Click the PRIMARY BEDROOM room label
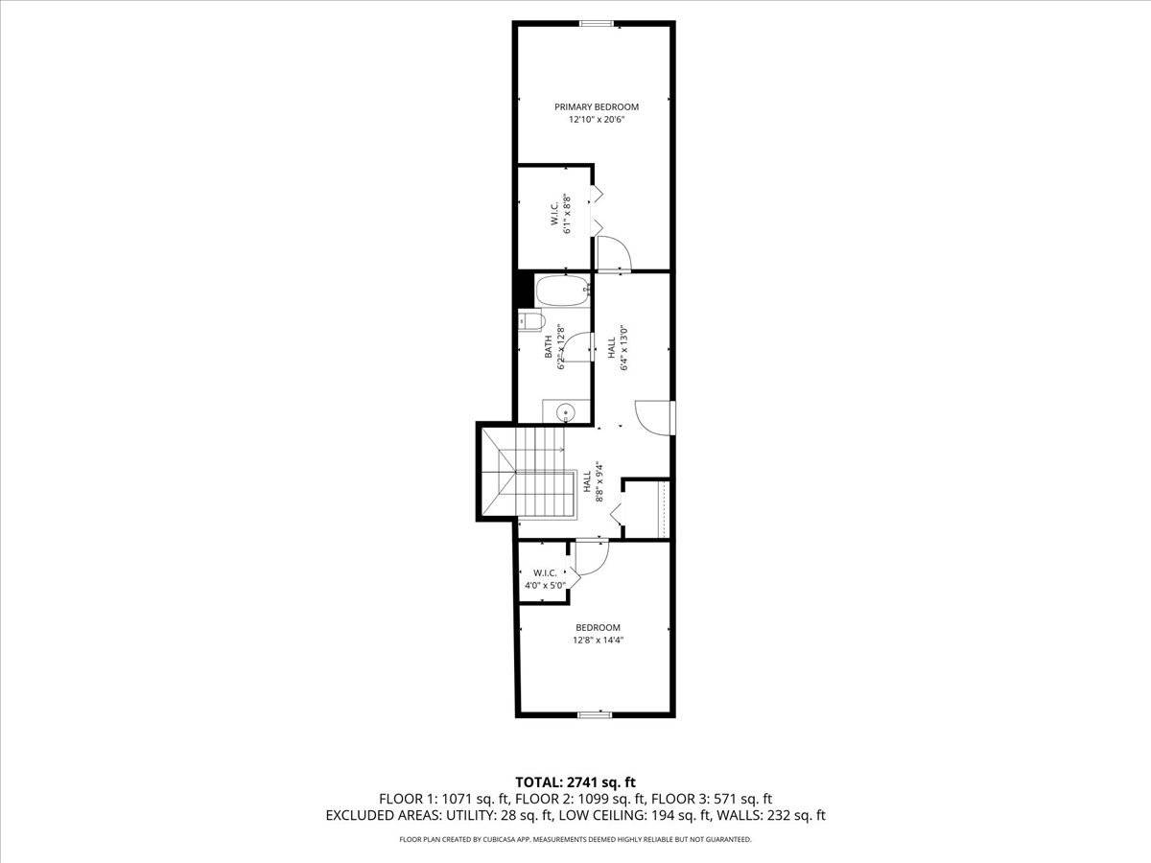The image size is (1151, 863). coord(597,106)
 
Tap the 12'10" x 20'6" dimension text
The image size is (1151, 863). coord(597,120)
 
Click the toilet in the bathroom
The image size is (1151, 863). coord(531,320)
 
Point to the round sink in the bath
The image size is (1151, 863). coord(566,411)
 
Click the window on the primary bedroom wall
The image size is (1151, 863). coord(597,23)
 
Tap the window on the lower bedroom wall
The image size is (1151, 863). coord(595,714)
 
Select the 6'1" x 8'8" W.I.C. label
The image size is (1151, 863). coord(560,214)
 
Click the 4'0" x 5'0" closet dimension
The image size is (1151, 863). coord(546,585)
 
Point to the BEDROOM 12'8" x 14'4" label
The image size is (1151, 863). coord(598,634)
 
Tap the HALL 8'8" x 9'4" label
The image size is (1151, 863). coord(593,482)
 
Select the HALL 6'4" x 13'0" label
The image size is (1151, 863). coord(618,348)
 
